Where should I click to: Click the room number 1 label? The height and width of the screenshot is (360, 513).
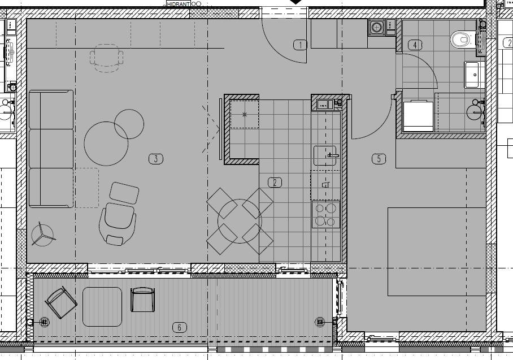tap(300, 45)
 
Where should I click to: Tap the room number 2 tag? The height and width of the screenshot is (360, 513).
tap(275, 183)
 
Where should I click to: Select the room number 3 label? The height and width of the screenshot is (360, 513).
tap(156, 159)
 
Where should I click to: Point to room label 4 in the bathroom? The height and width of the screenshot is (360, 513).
tap(415, 45)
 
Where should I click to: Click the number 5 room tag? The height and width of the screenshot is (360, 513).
tap(379, 159)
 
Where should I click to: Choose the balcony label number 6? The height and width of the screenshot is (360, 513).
tap(179, 327)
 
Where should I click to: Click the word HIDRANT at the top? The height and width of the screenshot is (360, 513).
tap(179, 4)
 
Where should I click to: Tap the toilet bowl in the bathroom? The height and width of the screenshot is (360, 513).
tap(463, 40)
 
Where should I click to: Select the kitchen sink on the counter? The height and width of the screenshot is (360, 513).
tap(325, 155)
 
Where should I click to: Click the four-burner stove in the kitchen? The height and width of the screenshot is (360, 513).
tap(325, 215)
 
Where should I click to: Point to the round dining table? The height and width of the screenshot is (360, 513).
tap(240, 221)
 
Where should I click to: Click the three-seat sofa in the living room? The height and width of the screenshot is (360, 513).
tap(51, 149)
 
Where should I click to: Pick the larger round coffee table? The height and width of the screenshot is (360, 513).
tap(106, 144)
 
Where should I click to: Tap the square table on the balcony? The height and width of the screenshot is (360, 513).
tap(102, 307)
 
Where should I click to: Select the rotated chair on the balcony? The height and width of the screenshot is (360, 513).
tap(61, 302)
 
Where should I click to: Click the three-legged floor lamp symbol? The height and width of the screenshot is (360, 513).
tap(42, 235)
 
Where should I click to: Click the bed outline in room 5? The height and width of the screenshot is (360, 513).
tap(436, 251)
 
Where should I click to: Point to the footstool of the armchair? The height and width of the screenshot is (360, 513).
tap(124, 193)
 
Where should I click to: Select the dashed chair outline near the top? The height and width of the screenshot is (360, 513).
tap(107, 58)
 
